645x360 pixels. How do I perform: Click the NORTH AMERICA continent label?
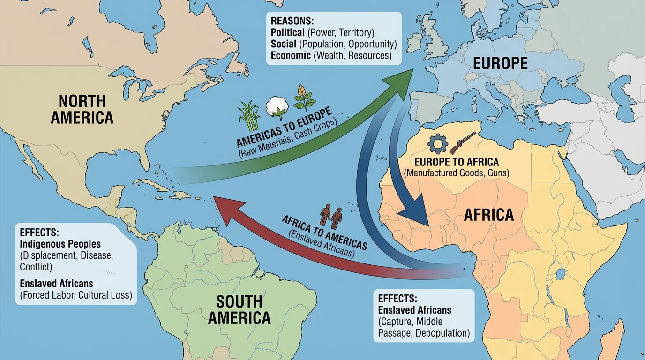[82, 109]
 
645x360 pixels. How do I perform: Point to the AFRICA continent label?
[488, 215]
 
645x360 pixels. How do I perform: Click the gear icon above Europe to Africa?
[438, 144]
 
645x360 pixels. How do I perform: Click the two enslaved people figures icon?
[331, 215]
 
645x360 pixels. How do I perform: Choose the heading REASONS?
[290, 22]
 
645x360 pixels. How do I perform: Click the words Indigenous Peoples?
[60, 244]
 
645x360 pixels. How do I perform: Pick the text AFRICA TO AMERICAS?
[324, 232]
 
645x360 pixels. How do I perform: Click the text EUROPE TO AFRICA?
[457, 162]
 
